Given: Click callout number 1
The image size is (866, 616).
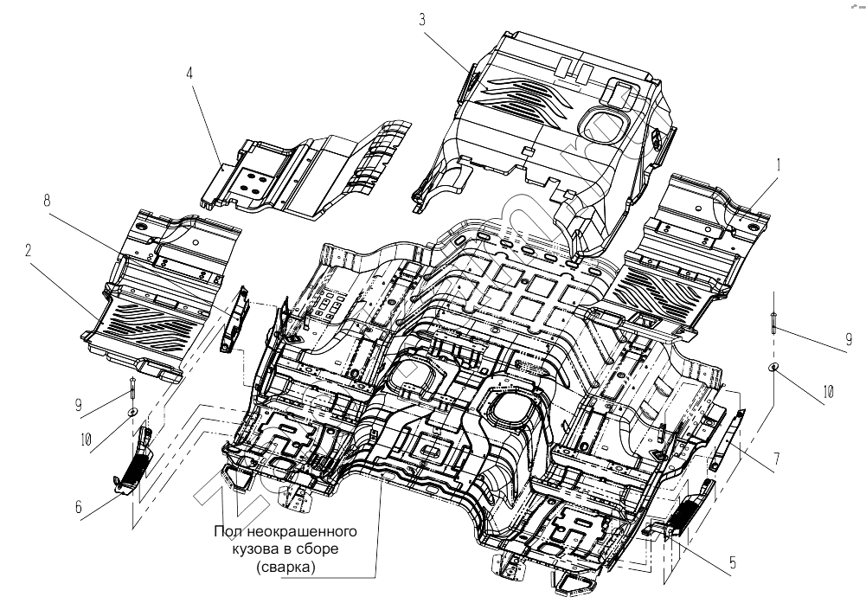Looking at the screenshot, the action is (778, 165).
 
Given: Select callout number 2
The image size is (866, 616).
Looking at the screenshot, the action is (29, 251).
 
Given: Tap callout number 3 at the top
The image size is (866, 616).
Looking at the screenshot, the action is (422, 20).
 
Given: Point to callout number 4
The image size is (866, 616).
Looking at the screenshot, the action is (189, 74).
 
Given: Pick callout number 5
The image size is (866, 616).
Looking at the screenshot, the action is (733, 563).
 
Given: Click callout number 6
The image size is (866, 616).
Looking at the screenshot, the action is (79, 507).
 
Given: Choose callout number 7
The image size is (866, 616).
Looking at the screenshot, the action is (777, 459).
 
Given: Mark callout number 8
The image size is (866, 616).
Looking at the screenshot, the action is (48, 200).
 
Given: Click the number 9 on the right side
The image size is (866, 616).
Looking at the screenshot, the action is (850, 339).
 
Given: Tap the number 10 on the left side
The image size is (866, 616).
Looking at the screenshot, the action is (85, 440).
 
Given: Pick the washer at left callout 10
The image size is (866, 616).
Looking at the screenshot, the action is (132, 412).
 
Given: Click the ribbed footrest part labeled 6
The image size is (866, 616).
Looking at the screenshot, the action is (133, 460).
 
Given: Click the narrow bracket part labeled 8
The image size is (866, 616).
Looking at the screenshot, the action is (234, 320).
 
